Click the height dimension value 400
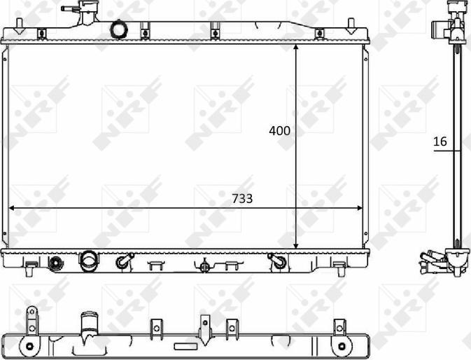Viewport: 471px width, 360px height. pos(280,131)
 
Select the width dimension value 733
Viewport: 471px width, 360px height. pos(242,199)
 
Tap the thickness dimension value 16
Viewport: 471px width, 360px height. pos(440,141)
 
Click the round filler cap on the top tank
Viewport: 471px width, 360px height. pos(119,29)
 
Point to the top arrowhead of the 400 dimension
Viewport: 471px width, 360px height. pos(296,48)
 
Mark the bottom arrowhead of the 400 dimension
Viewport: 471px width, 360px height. pos(296,246)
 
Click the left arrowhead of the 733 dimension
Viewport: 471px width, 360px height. pos(12,208)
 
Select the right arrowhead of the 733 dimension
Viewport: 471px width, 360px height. pos(359,208)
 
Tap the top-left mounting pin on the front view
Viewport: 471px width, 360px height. pos(19,27)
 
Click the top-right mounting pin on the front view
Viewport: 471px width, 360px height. pos(351,27)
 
